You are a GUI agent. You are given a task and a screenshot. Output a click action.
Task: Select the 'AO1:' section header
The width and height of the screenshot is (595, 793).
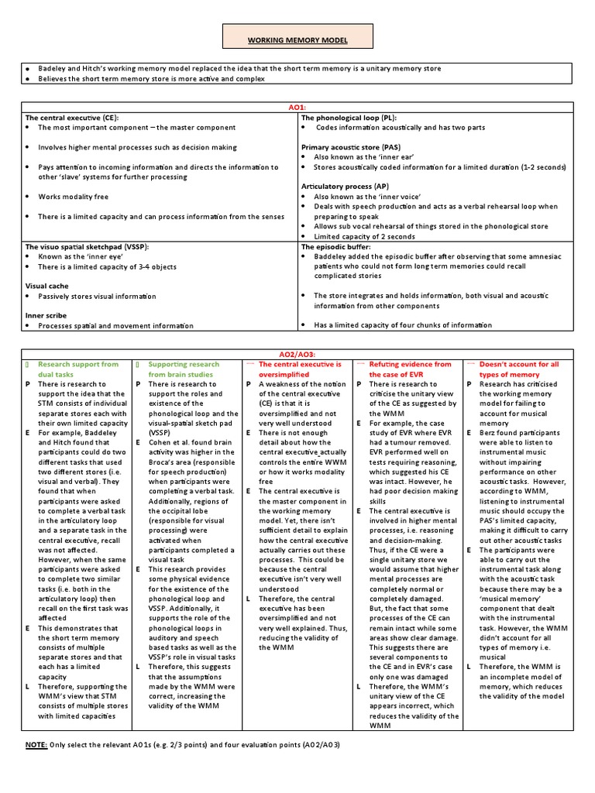click(x=298, y=108)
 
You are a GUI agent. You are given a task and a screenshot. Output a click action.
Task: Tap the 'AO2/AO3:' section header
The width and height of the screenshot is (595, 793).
click(x=298, y=354)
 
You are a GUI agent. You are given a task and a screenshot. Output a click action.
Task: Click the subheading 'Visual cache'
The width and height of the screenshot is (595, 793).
click(x=47, y=286)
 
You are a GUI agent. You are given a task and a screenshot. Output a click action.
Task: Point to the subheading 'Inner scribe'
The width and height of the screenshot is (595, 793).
click(x=46, y=315)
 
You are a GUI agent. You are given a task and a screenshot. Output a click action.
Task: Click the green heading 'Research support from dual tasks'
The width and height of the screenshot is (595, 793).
click(x=78, y=369)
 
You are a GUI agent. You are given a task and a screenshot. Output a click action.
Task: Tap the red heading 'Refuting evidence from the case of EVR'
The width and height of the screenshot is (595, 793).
click(x=410, y=369)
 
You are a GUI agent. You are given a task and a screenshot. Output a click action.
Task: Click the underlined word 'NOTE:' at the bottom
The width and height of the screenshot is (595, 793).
click(x=36, y=744)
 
